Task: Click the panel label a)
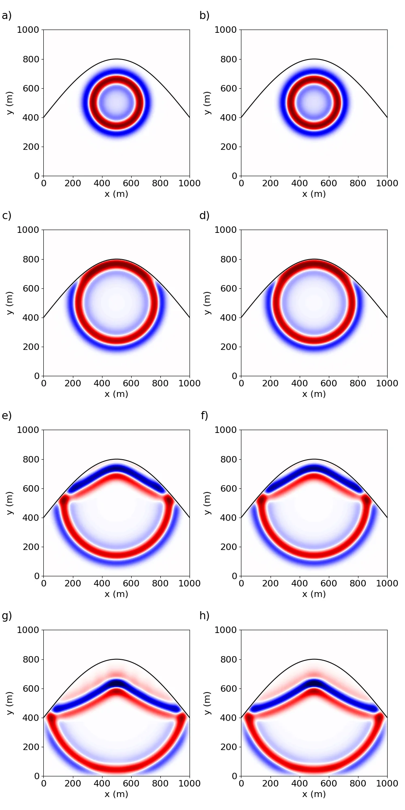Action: click(6, 16)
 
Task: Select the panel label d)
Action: click(205, 216)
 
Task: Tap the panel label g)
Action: click(6, 616)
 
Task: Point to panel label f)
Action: click(205, 416)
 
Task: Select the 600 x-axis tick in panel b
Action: click(328, 183)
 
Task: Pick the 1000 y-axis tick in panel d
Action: click(226, 230)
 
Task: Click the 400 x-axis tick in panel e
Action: click(102, 583)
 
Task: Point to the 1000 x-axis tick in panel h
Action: click(387, 783)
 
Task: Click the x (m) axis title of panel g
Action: click(116, 794)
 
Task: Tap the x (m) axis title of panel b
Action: click(314, 194)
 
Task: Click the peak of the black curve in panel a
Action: click(117, 59)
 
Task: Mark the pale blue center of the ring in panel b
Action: click(314, 103)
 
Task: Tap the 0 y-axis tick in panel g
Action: click(37, 776)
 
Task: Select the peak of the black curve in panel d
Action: click(314, 259)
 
